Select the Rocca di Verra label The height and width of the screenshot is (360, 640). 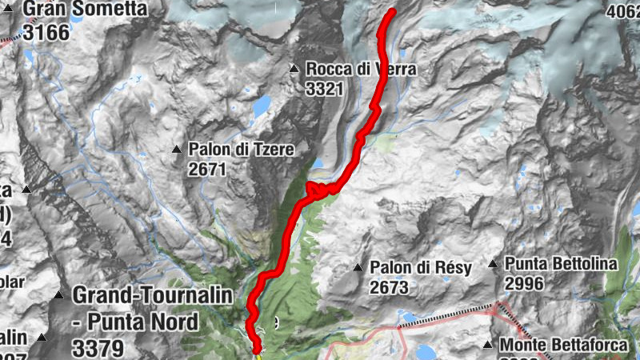[361, 70]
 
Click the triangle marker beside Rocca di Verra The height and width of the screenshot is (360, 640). [294, 70]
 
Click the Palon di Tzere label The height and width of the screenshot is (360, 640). [242, 149]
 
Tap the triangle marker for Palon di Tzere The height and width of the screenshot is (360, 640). [177, 149]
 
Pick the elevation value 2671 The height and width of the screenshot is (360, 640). [208, 169]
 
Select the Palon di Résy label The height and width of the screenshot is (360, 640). [421, 266]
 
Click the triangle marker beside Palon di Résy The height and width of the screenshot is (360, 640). [358, 266]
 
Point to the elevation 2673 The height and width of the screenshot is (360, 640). [389, 286]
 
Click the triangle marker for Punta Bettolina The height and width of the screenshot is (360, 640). [493, 263]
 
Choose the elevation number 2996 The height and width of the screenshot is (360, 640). [524, 283]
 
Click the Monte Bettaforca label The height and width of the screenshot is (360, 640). [569, 345]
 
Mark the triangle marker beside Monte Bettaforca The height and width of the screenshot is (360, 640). [488, 345]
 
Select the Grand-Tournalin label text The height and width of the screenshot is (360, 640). [152, 294]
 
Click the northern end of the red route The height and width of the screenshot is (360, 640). [392, 12]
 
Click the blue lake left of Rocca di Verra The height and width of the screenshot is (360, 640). [262, 105]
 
